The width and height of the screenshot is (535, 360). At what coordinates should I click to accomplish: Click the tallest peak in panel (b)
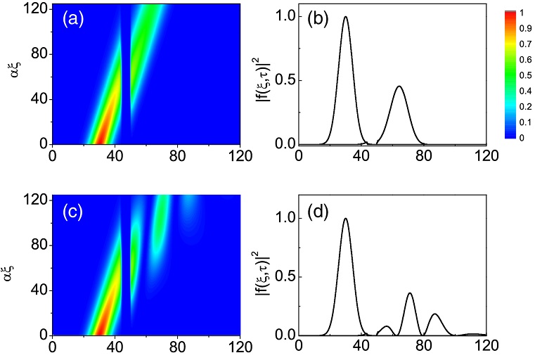[345, 18]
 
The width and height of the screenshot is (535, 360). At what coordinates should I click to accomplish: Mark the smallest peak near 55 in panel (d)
[385, 326]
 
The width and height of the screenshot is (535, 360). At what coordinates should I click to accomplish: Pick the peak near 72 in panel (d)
[410, 293]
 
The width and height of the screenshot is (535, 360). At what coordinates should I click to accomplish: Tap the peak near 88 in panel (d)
[435, 314]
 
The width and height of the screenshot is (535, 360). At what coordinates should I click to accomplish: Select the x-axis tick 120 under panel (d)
[484, 347]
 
